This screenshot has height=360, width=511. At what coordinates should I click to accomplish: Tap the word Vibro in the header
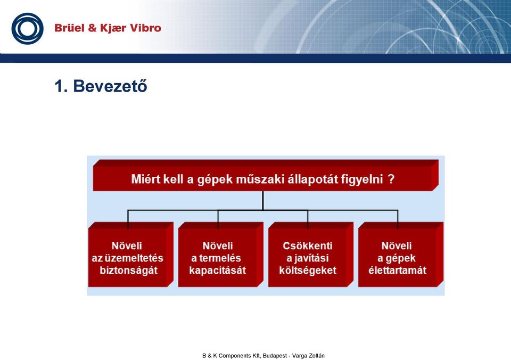(145, 28)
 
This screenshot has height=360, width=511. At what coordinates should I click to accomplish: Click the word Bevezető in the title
(110, 86)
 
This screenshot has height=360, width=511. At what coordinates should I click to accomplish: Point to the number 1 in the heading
(59, 86)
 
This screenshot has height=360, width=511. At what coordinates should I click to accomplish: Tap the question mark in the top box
(391, 179)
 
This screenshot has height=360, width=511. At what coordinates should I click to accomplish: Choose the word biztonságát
(129, 271)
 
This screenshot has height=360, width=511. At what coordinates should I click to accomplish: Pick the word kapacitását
(217, 271)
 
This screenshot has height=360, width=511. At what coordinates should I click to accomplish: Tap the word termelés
(220, 258)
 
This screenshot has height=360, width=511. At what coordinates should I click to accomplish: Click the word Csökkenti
(308, 246)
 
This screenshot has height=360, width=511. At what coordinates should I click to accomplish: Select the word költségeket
(308, 271)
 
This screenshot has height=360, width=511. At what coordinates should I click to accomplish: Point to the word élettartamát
(397, 271)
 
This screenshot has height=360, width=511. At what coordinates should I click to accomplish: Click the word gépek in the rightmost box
(401, 259)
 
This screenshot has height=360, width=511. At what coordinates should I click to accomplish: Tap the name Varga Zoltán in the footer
(308, 356)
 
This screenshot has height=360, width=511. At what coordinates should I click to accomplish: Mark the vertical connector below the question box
(262, 201)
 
